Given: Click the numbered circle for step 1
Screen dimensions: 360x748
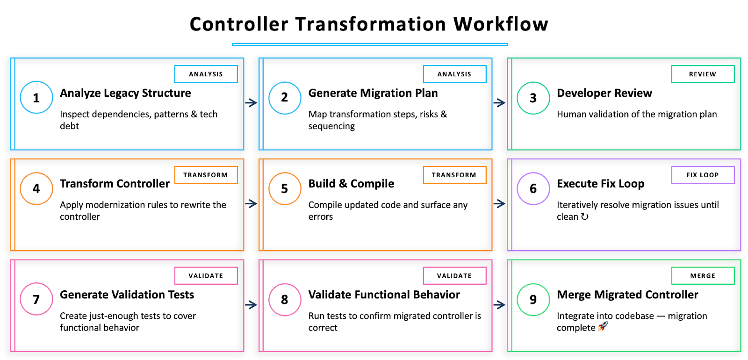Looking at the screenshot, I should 36,98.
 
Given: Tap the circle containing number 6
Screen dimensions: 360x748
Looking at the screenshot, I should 533,188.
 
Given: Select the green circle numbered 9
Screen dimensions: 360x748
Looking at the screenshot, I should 533,300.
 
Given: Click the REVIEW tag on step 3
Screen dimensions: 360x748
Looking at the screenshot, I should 703,74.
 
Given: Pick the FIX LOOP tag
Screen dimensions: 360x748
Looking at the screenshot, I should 703,175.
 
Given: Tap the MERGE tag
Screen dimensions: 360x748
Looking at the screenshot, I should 703,276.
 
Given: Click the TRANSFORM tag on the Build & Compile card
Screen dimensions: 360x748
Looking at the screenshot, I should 454,175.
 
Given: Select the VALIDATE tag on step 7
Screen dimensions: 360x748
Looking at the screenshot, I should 206,276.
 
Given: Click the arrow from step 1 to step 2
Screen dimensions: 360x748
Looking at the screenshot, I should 251,103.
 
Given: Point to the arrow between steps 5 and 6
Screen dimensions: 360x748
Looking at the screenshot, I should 499,204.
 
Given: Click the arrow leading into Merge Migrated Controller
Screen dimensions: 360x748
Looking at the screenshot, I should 499,305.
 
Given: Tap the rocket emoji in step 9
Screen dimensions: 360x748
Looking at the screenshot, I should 603,327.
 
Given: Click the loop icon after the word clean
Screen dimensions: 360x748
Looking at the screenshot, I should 584,216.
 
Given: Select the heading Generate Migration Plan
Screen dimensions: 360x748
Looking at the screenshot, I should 373,93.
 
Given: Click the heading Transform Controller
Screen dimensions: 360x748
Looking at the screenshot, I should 115,184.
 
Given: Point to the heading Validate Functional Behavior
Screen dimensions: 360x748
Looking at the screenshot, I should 384,295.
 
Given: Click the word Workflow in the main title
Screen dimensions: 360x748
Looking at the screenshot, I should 501,24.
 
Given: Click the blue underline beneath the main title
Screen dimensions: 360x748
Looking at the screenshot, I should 369,44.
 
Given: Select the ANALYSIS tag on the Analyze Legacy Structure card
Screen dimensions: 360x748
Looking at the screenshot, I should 206,74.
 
